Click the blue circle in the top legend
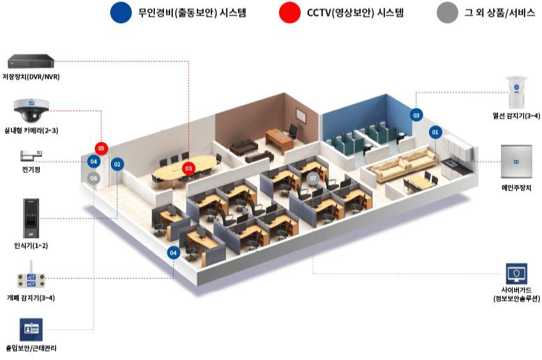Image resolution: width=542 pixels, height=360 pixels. click(121, 13)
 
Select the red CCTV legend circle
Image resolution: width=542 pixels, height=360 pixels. click(287, 13)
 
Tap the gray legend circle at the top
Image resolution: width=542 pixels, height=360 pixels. click(446, 13)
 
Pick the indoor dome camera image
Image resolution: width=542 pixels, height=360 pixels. click(31, 110)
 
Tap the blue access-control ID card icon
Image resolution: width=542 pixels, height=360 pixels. click(31, 329)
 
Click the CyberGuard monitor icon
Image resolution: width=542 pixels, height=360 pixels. click(516, 273)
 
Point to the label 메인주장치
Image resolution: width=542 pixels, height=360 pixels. click(516, 188)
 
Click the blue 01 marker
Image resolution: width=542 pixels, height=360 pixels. click(436, 131)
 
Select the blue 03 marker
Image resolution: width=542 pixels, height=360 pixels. click(416, 114)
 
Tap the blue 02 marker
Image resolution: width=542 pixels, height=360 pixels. click(117, 164)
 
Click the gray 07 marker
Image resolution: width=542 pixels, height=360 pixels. click(314, 178)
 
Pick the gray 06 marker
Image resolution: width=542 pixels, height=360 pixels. click(94, 178)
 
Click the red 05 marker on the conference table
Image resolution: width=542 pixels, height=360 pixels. click(188, 168)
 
